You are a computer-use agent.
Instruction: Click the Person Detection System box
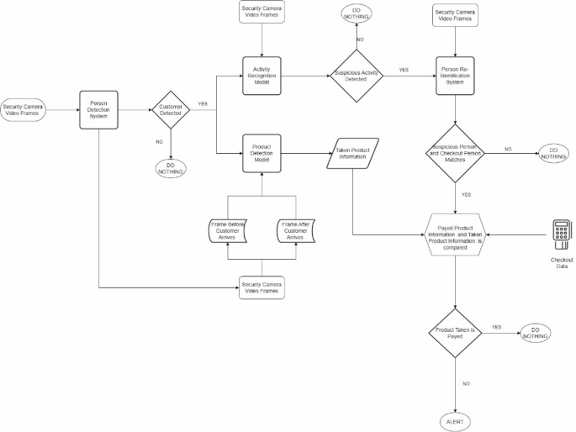coord(98,110)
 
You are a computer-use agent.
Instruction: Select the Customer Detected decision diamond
coord(172,110)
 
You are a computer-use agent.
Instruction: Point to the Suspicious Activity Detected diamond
coord(355,74)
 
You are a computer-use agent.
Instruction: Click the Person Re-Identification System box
coord(455,74)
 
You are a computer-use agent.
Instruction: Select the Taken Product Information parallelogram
coord(353,153)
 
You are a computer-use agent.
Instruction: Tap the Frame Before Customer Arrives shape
coord(227,231)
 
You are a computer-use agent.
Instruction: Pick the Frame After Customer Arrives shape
coord(295,231)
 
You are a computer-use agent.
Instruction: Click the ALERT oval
coord(455,420)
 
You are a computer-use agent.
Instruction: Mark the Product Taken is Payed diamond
coord(455,332)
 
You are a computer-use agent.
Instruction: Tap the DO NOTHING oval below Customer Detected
coord(171,166)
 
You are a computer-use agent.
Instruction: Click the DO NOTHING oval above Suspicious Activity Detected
coord(355,14)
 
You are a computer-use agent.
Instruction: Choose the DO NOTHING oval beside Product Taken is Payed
coord(535,332)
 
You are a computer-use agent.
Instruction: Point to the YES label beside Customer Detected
coord(203,104)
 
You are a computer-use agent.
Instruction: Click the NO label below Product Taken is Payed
coord(465,382)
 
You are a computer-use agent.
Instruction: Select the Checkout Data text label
coord(562,264)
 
